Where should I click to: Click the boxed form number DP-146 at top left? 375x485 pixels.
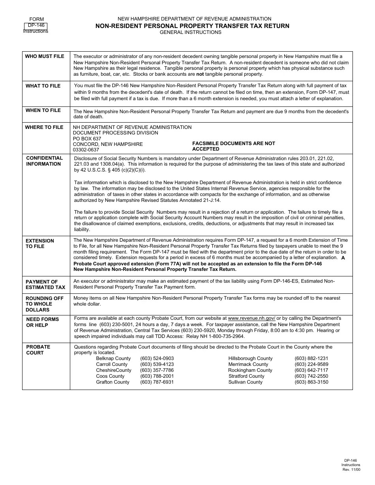[36, 25]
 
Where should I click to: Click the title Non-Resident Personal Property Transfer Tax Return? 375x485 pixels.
[192, 26]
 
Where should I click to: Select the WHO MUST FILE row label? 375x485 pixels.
[45, 56]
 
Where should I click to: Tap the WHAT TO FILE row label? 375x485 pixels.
[43, 86]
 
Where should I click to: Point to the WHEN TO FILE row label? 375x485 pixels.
[43, 110]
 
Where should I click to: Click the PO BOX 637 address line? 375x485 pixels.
[87, 139]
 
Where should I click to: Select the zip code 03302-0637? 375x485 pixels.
[86, 150]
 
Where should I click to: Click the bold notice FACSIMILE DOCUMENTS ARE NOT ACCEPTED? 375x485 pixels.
[233, 146]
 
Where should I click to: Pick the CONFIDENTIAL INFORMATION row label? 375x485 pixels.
[44, 161]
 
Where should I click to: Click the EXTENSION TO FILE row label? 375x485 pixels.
[39, 244]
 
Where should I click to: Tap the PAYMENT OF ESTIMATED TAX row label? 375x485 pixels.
[45, 285]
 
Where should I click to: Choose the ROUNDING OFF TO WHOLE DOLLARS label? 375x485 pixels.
[44, 304]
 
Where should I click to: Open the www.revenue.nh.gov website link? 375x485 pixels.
[251, 318]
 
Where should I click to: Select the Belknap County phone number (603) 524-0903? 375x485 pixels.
[157, 358]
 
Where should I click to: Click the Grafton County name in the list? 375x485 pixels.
[112, 382]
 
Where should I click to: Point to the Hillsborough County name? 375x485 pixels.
[250, 358]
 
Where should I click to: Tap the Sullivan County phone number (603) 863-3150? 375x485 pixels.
[311, 382]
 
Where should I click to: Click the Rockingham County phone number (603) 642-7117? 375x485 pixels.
[311, 370]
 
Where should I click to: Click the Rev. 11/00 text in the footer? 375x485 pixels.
[351, 470]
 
